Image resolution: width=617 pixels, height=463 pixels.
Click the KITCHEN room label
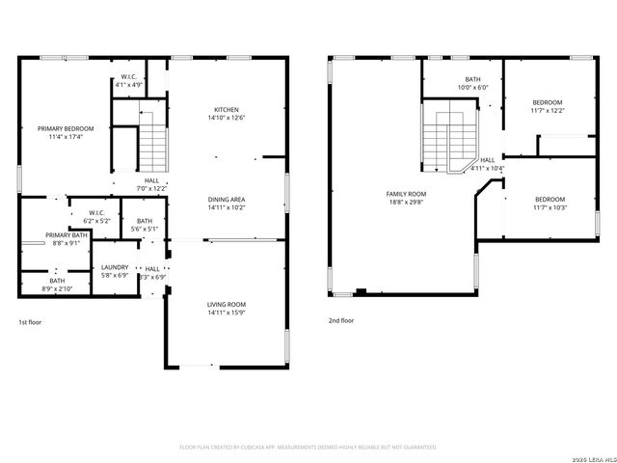tap(227, 110)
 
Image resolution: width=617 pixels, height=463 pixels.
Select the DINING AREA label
tap(227, 200)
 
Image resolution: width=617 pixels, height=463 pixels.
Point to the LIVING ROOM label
tap(227, 305)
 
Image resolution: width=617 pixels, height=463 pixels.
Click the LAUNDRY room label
tap(115, 267)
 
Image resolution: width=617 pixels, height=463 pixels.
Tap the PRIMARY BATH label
tap(67, 235)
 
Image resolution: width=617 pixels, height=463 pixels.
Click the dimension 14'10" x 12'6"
tap(227, 118)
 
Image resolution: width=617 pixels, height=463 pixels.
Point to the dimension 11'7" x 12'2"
tap(548, 110)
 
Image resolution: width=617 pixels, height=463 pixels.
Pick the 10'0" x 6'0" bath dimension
tap(472, 87)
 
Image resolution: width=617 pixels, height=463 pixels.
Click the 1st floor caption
tap(30, 321)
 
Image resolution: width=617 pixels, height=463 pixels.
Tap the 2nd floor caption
tap(340, 320)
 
